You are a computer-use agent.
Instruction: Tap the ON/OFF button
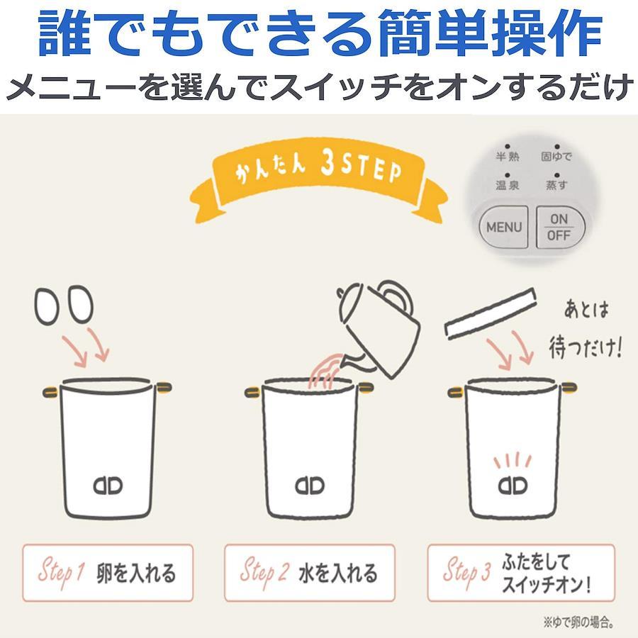[560, 227]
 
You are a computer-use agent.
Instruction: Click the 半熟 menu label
[508, 156]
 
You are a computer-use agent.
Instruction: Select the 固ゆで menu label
[556, 156]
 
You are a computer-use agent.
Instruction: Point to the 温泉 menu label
[508, 185]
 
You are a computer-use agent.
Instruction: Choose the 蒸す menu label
[556, 185]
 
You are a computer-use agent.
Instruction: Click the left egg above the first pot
[47, 306]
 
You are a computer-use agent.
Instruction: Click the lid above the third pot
[491, 313]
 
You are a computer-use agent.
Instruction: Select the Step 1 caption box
[108, 573]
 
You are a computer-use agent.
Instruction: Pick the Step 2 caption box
[310, 573]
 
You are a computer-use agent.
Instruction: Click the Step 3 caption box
[521, 573]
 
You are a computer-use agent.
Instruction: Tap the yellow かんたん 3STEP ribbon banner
[318, 179]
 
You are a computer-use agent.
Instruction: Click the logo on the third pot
[513, 486]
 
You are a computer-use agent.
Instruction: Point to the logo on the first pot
[108, 486]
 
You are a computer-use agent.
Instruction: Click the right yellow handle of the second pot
[365, 388]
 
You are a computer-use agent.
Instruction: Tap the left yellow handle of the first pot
[51, 392]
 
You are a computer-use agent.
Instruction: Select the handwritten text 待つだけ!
[586, 347]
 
